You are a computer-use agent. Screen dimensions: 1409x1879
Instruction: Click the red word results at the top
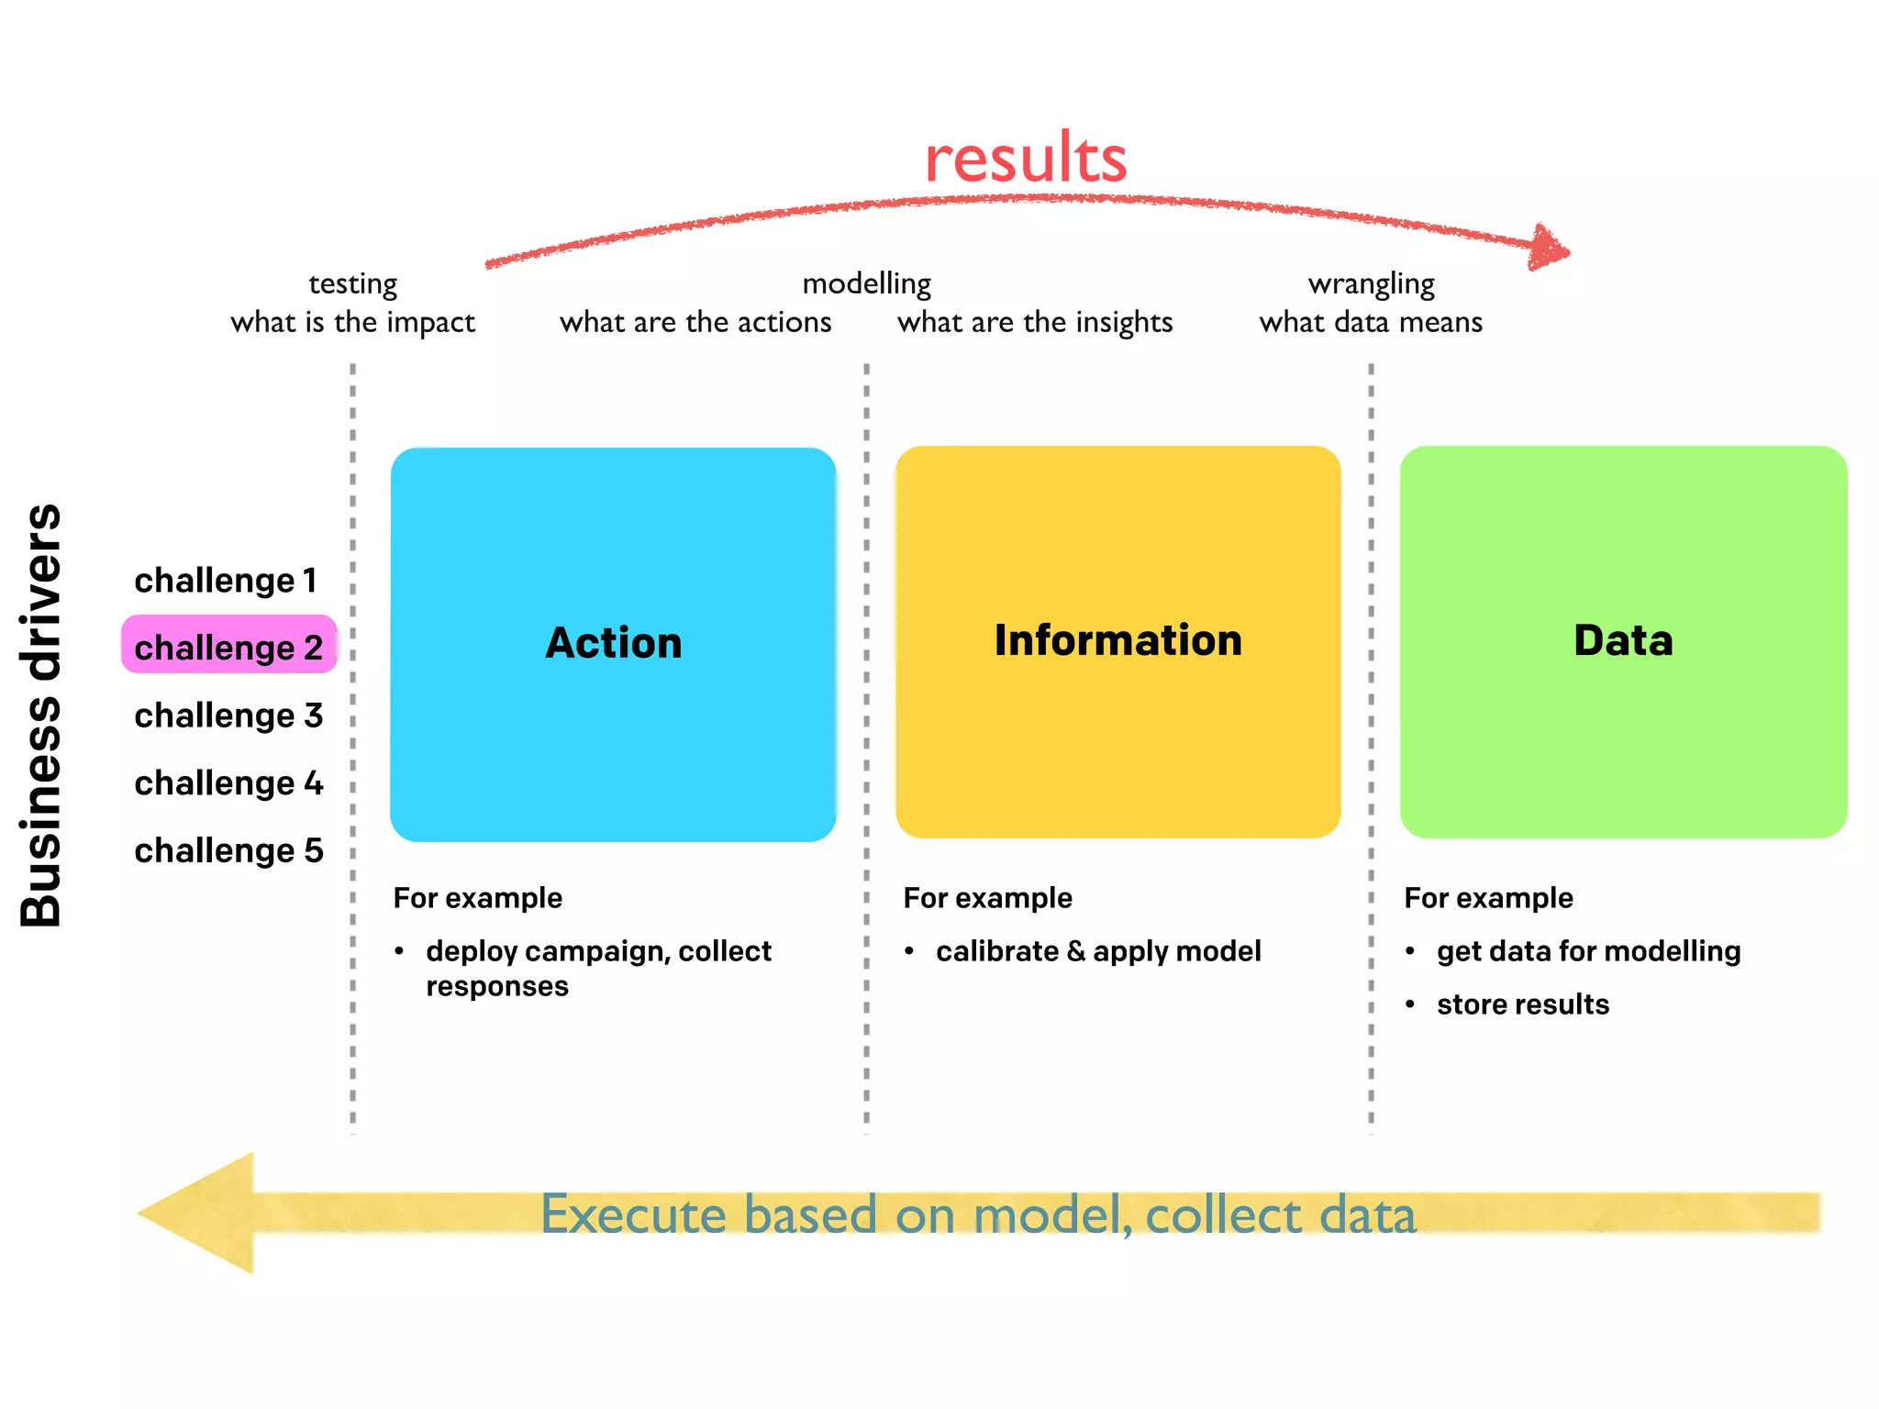coord(1025,159)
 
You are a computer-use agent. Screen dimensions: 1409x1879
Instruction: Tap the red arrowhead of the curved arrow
coord(1549,248)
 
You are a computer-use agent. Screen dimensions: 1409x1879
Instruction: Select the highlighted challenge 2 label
coord(228,647)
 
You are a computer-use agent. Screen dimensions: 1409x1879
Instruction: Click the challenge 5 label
coord(228,850)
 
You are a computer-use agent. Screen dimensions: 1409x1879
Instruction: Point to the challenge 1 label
coord(226,581)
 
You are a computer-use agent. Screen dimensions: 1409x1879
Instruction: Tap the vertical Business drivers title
coord(41,716)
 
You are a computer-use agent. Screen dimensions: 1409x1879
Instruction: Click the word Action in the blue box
coord(613,643)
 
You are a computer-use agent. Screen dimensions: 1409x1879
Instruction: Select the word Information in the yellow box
coord(1117,640)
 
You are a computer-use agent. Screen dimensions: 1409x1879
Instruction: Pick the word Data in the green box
coord(1622,640)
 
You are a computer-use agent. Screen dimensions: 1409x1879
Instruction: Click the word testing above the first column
coord(352,283)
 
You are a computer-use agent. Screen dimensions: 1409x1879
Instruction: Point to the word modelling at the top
coord(866,283)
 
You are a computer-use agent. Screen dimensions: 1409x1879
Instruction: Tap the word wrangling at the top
coord(1371,283)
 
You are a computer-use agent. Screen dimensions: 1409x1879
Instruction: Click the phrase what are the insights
coord(1035,322)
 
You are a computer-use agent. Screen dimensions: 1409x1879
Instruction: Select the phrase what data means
coord(1371,322)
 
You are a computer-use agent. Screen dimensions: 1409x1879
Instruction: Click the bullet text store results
coord(1522,1004)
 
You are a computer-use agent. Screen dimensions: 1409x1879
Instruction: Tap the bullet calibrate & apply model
coord(1097,951)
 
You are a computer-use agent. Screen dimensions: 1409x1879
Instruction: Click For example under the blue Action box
coord(477,898)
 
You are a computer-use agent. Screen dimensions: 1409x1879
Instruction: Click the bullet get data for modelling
coord(1588,951)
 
